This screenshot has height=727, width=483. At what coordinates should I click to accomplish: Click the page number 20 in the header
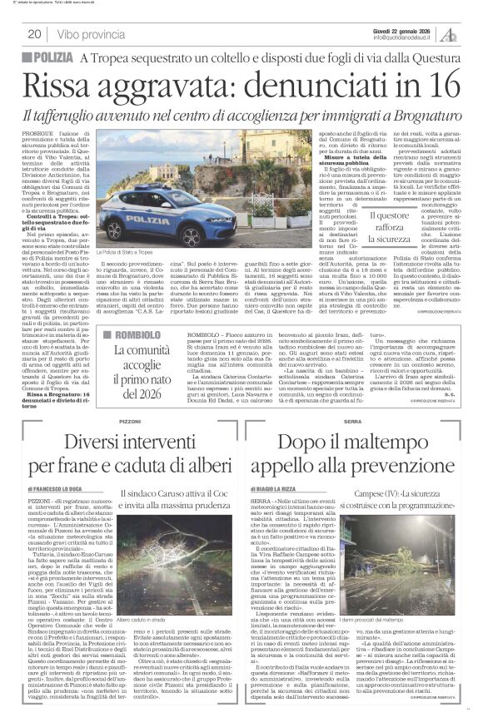click(35, 34)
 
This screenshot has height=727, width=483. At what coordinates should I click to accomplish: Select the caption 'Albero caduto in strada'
click(150, 622)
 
